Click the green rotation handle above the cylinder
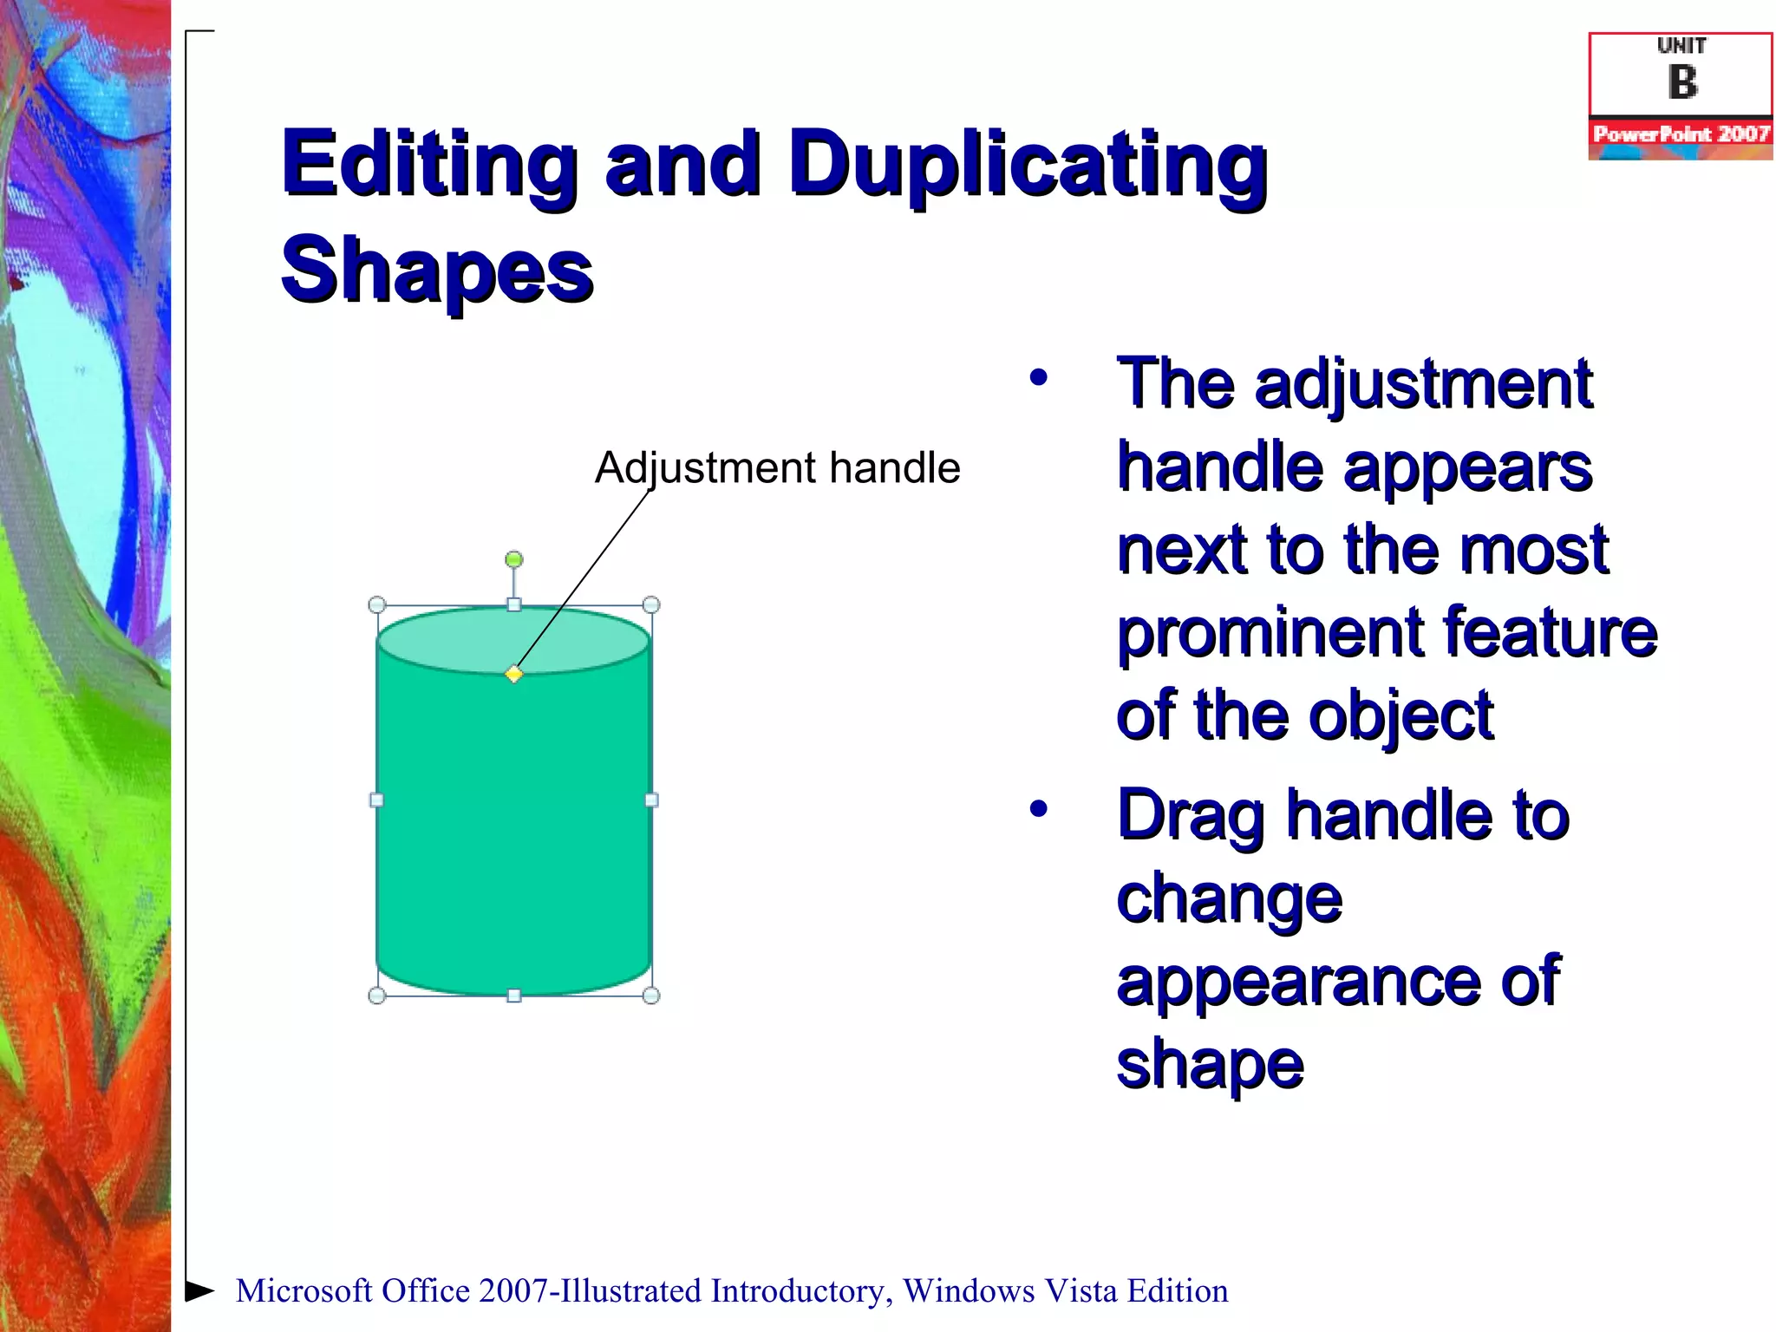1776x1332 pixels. point(514,559)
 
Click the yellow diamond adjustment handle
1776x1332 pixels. point(514,674)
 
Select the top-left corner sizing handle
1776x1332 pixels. point(377,604)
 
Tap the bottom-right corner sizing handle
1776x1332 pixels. point(651,996)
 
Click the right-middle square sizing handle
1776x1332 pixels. point(651,800)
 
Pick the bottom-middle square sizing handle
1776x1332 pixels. point(514,996)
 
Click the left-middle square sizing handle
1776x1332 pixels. point(377,800)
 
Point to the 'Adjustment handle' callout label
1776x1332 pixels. point(777,468)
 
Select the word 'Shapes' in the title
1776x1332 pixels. point(437,271)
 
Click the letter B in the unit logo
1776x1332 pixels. point(1682,82)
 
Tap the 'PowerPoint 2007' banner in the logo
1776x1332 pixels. point(1681,134)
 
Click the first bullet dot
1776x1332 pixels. point(1039,378)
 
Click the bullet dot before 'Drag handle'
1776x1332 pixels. point(1039,809)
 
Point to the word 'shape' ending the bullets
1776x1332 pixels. point(1210,1065)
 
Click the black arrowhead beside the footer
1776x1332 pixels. point(200,1290)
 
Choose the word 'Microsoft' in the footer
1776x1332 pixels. point(304,1291)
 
